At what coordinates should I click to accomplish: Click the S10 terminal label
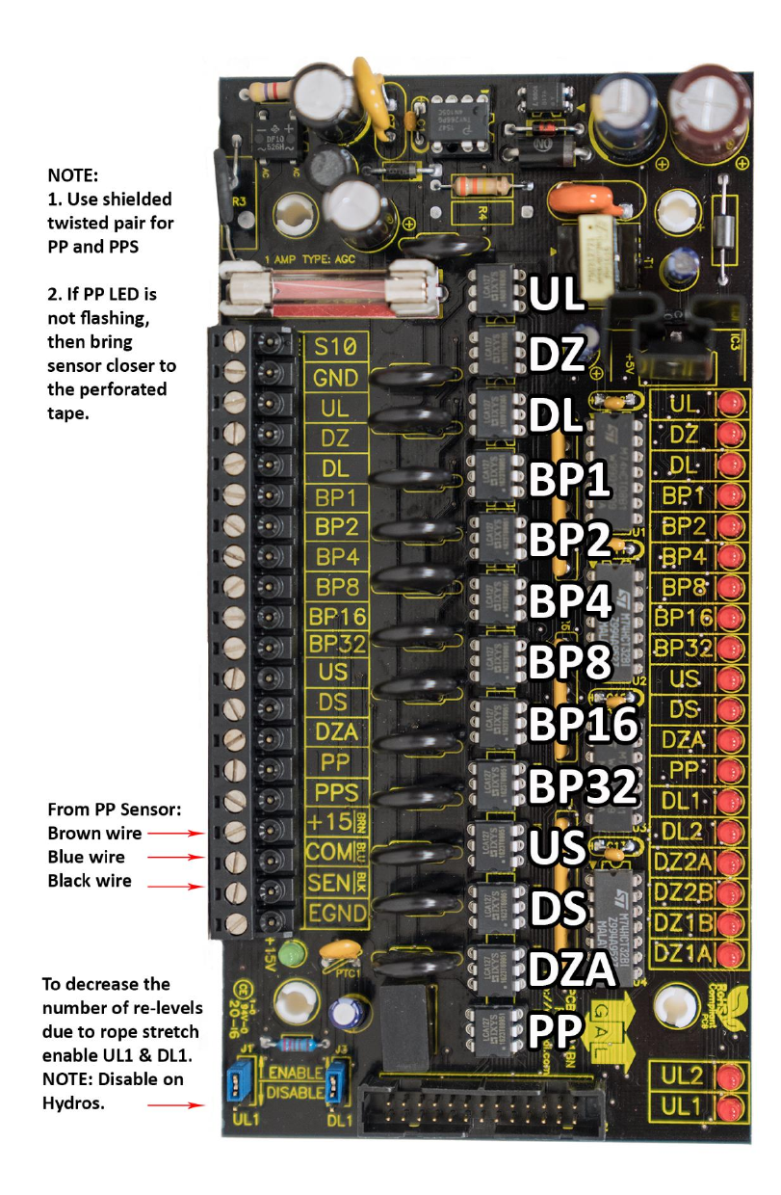coord(336,346)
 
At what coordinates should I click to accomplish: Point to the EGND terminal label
coord(336,913)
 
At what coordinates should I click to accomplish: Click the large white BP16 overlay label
coord(583,723)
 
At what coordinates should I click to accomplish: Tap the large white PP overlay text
coord(558,1030)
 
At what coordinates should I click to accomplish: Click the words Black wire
coord(90,881)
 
